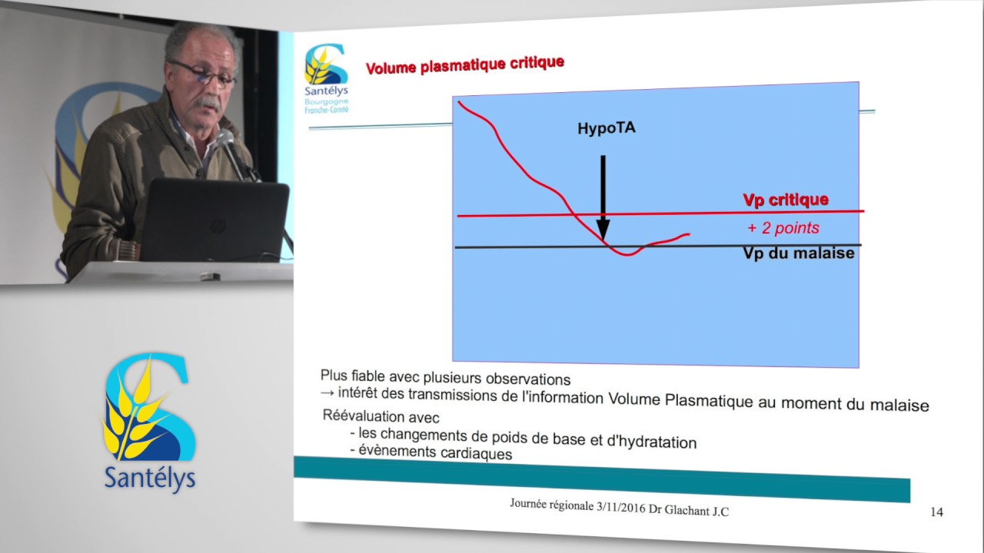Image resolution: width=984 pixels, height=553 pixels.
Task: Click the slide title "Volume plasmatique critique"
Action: [465, 65]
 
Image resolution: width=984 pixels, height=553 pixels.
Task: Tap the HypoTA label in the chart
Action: [607, 128]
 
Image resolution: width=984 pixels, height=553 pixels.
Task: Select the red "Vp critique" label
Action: [786, 200]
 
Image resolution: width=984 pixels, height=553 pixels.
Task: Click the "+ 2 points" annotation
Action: [783, 227]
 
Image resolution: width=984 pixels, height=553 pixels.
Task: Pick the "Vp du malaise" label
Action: [799, 253]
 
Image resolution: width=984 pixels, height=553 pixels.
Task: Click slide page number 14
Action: [936, 512]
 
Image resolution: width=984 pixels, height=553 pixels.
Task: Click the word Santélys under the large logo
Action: [150, 478]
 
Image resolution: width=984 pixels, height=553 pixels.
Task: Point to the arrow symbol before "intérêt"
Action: [327, 392]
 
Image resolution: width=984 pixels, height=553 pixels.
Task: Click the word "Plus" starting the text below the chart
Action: [334, 376]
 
